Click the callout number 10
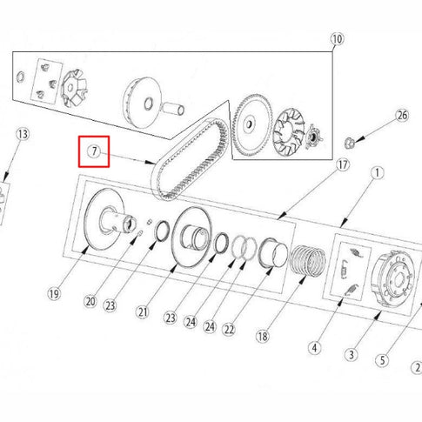coord(337,39)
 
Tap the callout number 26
coord(402,116)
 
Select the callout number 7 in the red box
coord(94,151)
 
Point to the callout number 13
coord(23,134)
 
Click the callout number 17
coord(343,165)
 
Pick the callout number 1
coord(377,173)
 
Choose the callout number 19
coord(54,294)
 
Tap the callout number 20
coord(90,302)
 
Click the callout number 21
coord(143,312)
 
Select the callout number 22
coord(229,330)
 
